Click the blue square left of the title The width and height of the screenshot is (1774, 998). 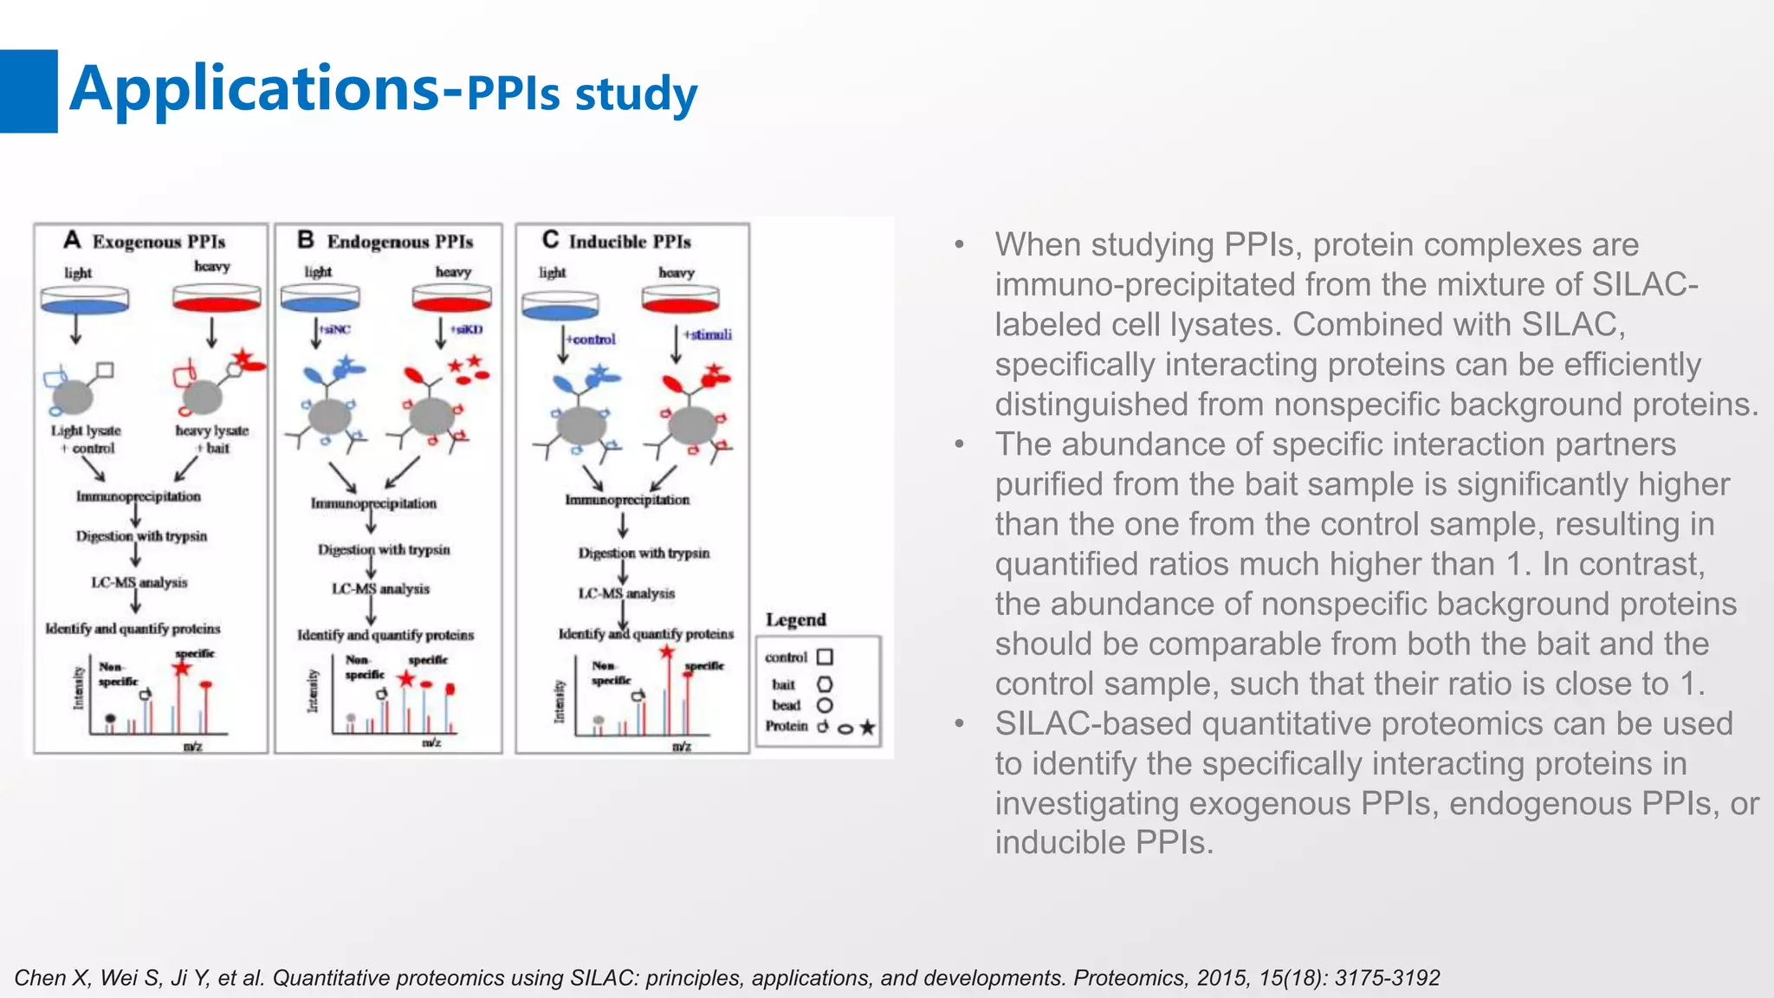pos(29,91)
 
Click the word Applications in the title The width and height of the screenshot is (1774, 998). pos(255,89)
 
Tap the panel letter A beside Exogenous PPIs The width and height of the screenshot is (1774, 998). pos(72,240)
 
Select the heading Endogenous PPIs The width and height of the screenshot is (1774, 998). pos(399,242)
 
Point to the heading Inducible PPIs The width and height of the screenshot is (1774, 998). pos(630,242)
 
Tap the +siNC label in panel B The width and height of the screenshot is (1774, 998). pos(335,329)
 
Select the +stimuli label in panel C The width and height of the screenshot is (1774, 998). pos(708,334)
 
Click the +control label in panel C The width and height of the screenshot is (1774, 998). pos(592,339)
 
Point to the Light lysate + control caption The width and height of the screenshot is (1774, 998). pos(87,439)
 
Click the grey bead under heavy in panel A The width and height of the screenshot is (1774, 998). pos(203,399)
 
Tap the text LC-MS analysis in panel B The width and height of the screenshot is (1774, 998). pos(381,589)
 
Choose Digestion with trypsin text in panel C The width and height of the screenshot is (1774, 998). pos(644,553)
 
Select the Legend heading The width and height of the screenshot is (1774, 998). pos(795,620)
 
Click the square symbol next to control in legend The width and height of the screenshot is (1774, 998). pos(825,657)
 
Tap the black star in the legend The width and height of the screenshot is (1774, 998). pos(867,728)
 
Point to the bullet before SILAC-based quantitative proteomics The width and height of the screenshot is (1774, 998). pos(959,723)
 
